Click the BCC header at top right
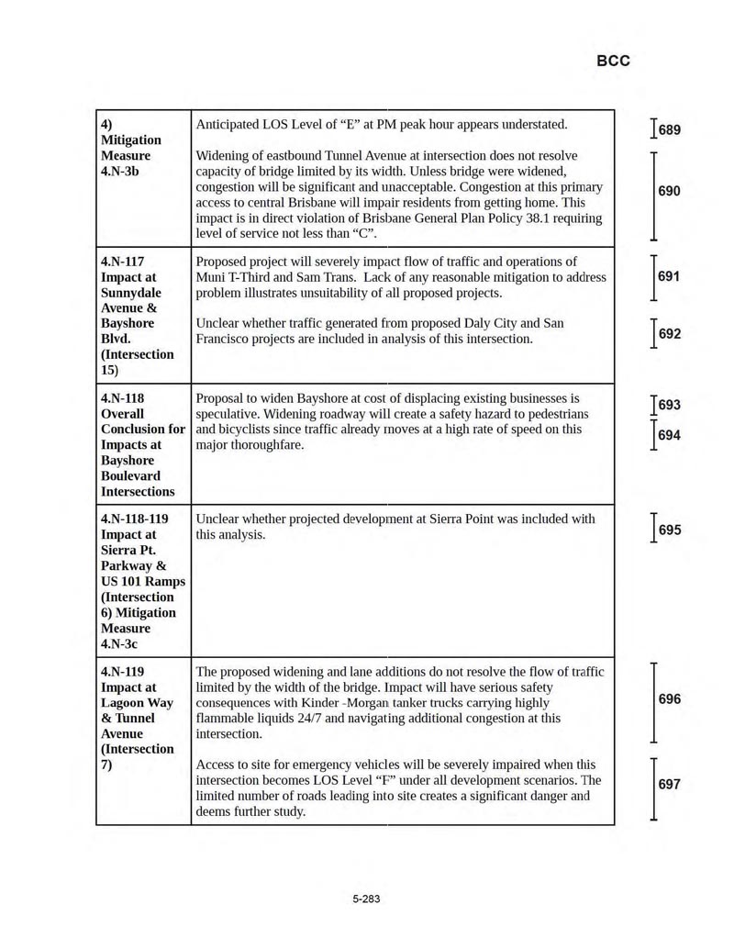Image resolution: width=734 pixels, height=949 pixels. [x=613, y=61]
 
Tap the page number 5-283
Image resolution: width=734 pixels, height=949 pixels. [x=366, y=899]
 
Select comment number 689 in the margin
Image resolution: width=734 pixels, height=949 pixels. [x=670, y=130]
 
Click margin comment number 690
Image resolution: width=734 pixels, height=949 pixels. [x=670, y=191]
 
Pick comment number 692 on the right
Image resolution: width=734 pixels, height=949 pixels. [x=670, y=334]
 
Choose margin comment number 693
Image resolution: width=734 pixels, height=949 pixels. [x=670, y=405]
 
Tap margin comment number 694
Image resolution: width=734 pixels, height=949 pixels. [x=670, y=435]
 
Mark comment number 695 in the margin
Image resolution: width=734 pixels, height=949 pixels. [x=670, y=530]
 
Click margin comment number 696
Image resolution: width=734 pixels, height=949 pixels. [x=670, y=699]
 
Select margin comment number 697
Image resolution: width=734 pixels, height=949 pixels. [x=670, y=785]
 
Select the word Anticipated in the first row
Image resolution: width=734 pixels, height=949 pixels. [x=228, y=124]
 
